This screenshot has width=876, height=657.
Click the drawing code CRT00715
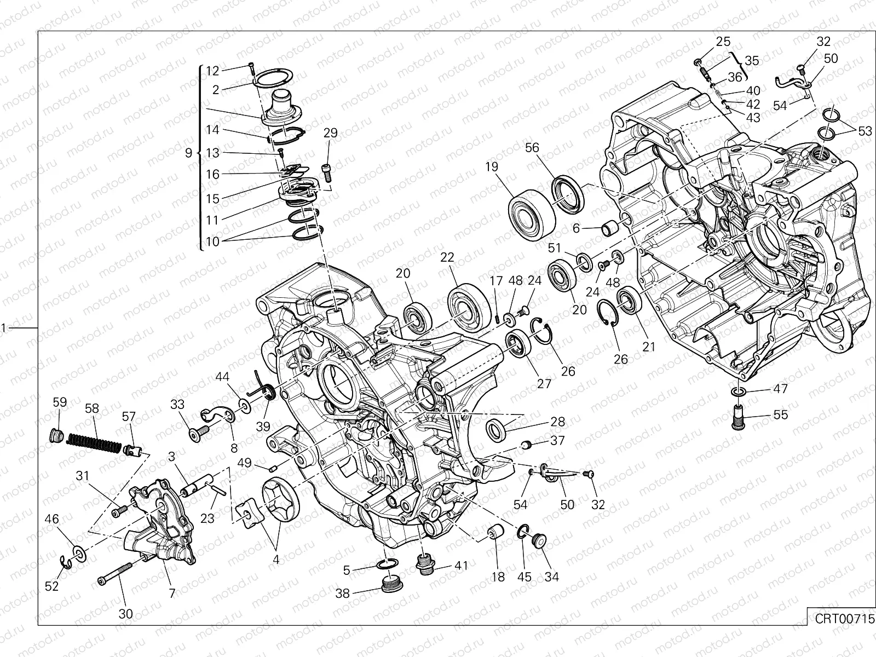tap(842, 619)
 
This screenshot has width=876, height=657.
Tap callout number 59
tap(60, 402)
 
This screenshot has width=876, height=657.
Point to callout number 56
tap(532, 148)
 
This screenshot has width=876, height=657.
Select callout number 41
tap(462, 565)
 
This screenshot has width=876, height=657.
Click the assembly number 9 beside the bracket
tap(188, 153)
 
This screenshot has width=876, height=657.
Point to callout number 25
tap(723, 42)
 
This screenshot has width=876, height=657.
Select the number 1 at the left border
tap(3, 328)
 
